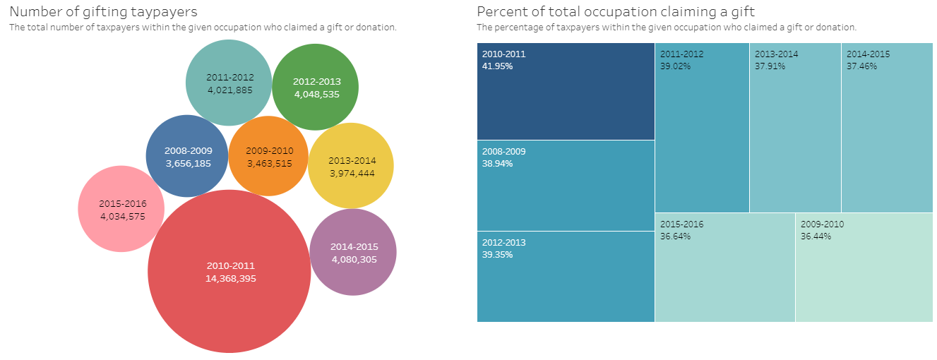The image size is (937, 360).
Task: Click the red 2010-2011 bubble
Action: pos(229,296)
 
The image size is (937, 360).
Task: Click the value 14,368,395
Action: pos(230,278)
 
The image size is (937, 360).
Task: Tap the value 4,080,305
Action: pos(354,259)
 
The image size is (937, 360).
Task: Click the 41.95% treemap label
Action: pos(497,66)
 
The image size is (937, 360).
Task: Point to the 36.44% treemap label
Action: pos(816,236)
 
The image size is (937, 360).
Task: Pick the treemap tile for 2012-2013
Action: pos(566,282)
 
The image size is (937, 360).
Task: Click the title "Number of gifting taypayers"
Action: pos(103,12)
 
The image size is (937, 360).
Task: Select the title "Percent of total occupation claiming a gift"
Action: pos(616,12)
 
